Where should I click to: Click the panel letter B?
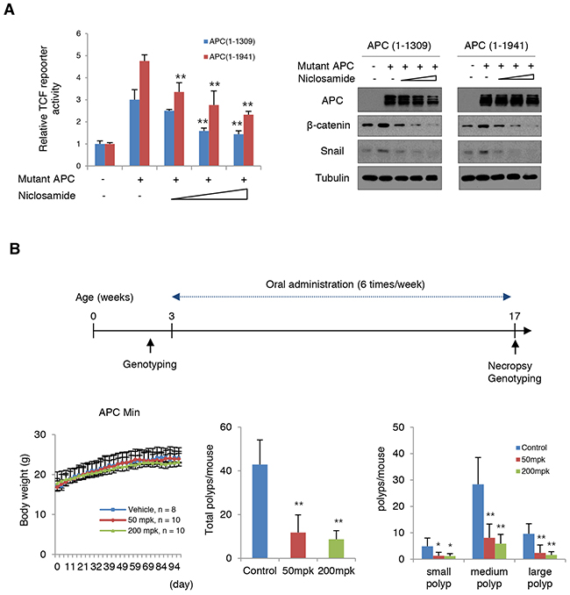tap(11, 249)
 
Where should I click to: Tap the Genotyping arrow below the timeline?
tap(150, 346)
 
